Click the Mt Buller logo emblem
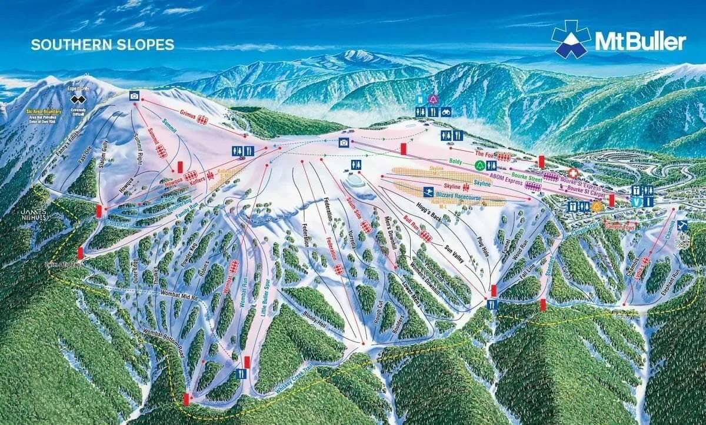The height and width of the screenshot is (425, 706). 570,39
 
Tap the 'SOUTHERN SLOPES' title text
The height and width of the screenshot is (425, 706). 102,45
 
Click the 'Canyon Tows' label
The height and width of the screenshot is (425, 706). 620,226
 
